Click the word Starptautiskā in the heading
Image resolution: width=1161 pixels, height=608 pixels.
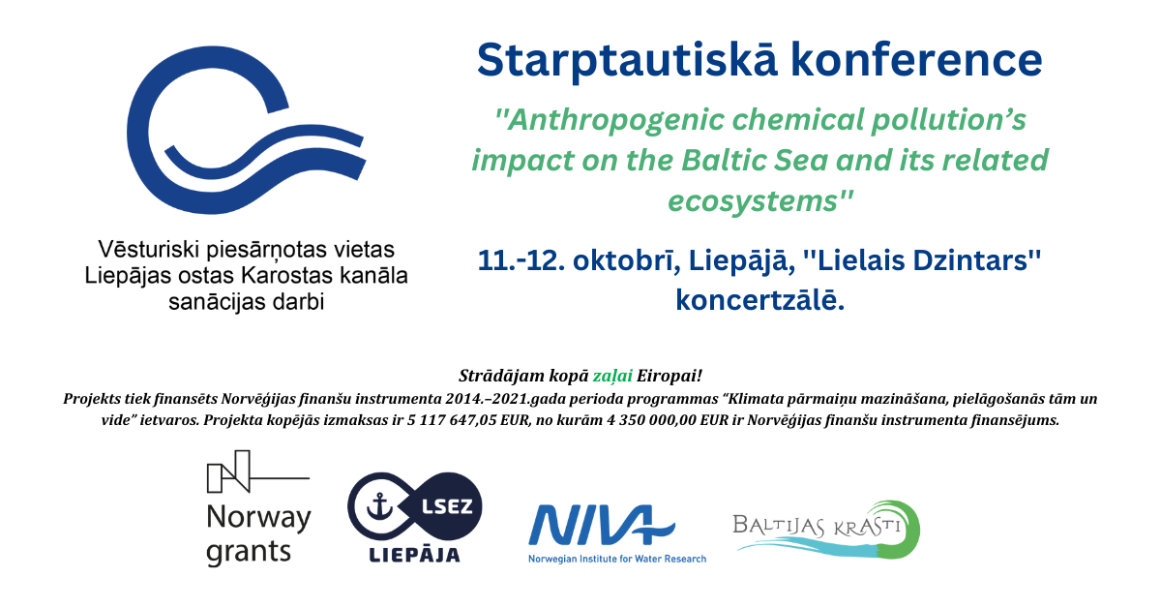click(627, 61)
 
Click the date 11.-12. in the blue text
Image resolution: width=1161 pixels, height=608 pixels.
click(521, 260)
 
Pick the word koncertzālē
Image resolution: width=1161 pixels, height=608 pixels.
click(759, 300)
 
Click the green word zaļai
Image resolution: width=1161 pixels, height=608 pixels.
click(612, 376)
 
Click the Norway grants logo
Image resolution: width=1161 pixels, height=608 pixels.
click(258, 508)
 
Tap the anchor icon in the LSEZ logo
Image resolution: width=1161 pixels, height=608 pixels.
click(380, 506)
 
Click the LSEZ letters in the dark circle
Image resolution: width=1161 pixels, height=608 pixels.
click(447, 506)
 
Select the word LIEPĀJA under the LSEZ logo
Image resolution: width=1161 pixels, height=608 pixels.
click(414, 555)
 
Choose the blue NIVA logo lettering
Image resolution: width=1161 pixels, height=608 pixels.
click(601, 525)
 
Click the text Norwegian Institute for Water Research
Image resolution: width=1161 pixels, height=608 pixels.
click(617, 559)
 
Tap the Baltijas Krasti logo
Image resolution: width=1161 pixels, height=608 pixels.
click(826, 530)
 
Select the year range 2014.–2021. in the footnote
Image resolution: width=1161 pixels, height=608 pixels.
click(485, 399)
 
